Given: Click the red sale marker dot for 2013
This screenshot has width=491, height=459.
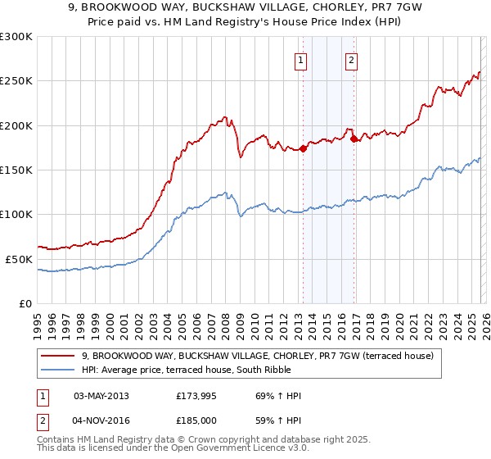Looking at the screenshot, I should [303, 148].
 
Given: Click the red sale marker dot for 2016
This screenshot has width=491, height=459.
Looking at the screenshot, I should [354, 139].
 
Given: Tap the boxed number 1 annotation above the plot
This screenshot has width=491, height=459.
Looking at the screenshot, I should [300, 60].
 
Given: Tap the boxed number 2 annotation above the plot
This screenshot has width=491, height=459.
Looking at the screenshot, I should [351, 60].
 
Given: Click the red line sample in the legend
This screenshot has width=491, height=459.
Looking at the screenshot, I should [59, 356].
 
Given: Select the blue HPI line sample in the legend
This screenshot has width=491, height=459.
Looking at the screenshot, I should [59, 370].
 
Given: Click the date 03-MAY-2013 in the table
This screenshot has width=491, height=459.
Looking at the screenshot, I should [101, 396].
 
